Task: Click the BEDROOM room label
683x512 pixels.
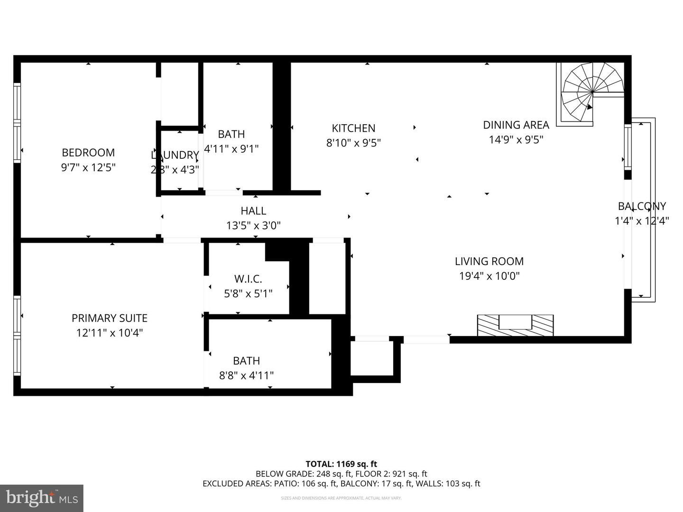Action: point(88,153)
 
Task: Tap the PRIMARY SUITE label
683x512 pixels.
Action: point(110,318)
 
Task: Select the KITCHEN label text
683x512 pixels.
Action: point(353,128)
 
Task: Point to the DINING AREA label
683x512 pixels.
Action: point(516,125)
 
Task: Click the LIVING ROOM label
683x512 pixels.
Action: point(489,261)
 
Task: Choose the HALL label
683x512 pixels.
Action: point(253,210)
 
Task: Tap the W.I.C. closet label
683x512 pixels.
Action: point(248,279)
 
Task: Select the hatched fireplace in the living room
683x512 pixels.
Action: point(515,325)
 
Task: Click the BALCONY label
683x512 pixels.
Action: point(642,206)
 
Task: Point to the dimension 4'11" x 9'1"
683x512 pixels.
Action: point(231,149)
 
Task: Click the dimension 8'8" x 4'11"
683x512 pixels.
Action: point(246,375)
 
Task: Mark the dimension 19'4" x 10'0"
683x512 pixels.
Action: point(489,276)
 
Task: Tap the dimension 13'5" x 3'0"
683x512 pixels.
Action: point(253,225)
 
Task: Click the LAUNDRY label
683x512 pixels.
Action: point(175,155)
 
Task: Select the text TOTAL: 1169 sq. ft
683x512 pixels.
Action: point(341,464)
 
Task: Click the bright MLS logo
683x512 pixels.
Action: point(42,498)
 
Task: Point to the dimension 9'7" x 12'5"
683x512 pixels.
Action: point(88,167)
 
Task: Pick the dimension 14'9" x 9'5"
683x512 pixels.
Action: point(516,139)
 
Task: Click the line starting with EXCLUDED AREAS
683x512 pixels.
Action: point(341,484)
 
